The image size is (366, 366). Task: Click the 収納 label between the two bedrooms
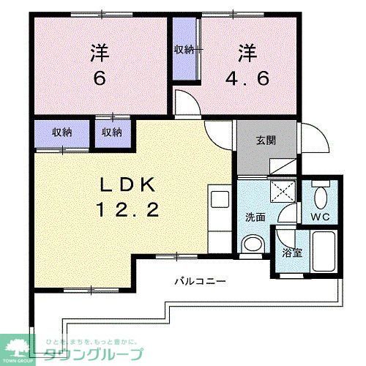184,50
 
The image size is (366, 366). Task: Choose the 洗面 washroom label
255,217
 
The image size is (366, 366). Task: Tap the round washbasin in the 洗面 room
252,244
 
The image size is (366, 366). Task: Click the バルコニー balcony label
200,280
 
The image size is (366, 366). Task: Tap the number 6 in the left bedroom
100,77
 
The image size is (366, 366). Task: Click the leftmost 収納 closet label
62,132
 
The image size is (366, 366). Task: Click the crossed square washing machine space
283,192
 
